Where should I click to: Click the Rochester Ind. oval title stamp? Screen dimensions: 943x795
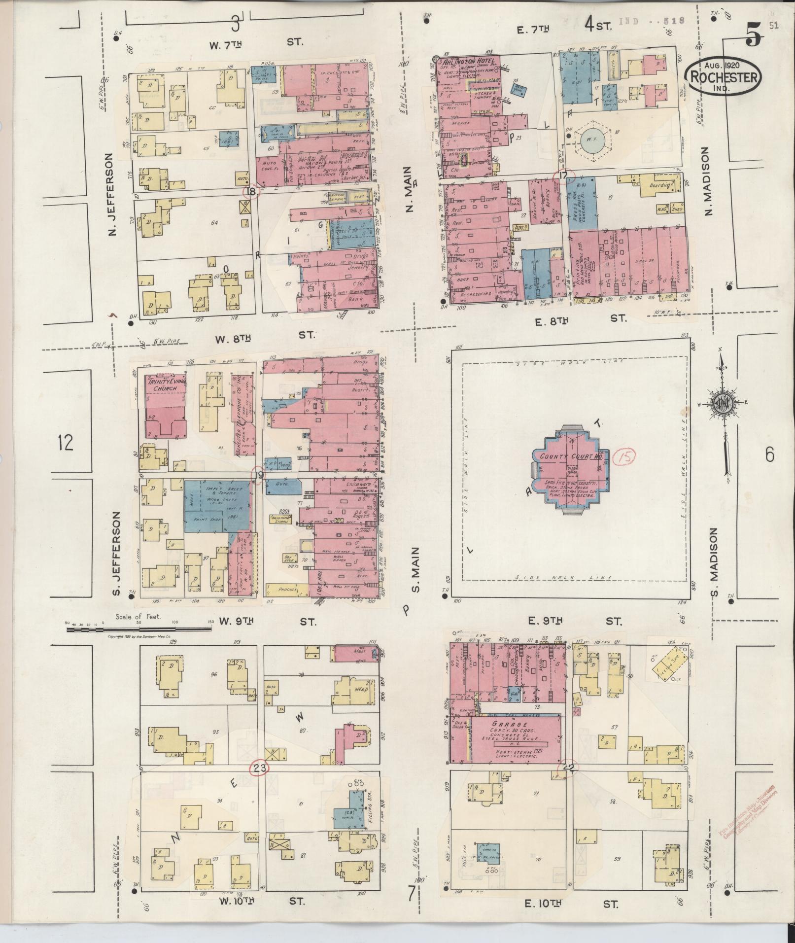point(724,76)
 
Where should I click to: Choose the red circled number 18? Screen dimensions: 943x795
point(252,192)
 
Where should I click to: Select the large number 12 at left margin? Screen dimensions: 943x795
point(65,443)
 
